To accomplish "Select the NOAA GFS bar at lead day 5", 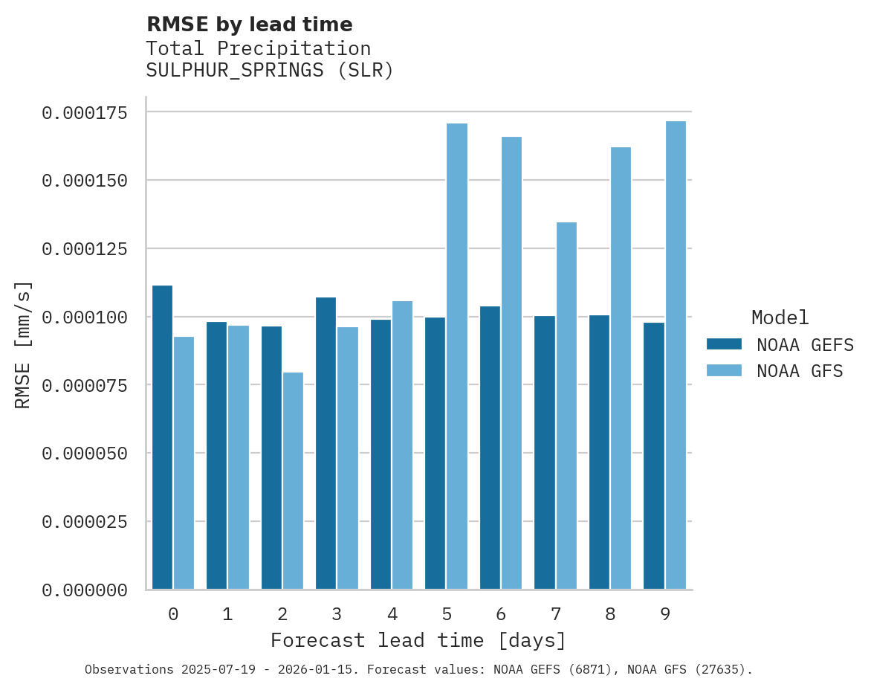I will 457,356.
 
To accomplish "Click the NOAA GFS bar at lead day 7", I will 566,405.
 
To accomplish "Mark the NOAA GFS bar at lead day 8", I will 621,368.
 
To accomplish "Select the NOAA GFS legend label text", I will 800,371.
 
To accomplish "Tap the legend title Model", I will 780,318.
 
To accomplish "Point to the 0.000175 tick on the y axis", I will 85,113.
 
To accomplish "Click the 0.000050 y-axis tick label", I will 85,454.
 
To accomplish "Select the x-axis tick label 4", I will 392,614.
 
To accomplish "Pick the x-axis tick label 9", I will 665,614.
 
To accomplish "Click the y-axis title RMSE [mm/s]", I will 24,344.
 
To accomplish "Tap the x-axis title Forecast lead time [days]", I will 418,640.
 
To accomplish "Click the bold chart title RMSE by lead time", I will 249,25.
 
